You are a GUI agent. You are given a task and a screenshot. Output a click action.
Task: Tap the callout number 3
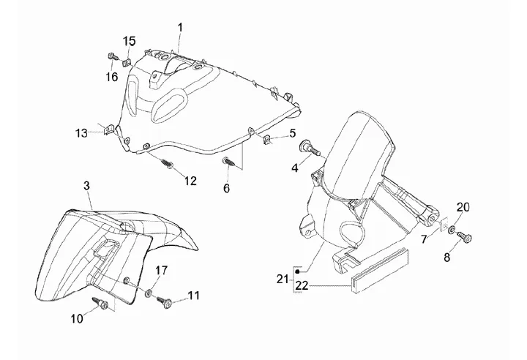pyautogui.click(x=86, y=186)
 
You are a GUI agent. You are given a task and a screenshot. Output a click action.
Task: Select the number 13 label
pyautogui.click(x=81, y=133)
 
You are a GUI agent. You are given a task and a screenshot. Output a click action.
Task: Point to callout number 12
pyautogui.click(x=190, y=181)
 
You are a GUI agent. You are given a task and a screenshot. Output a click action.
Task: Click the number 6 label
pyautogui.click(x=226, y=188)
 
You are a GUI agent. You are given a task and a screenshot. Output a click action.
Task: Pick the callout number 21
pyautogui.click(x=283, y=279)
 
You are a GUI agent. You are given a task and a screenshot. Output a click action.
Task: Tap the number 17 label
pyautogui.click(x=161, y=270)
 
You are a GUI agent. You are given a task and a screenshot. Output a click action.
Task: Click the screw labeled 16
pyautogui.click(x=110, y=56)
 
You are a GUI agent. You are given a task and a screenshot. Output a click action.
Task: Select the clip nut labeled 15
pyautogui.click(x=127, y=61)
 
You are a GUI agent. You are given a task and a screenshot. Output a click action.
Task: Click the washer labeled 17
pyautogui.click(x=149, y=293)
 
